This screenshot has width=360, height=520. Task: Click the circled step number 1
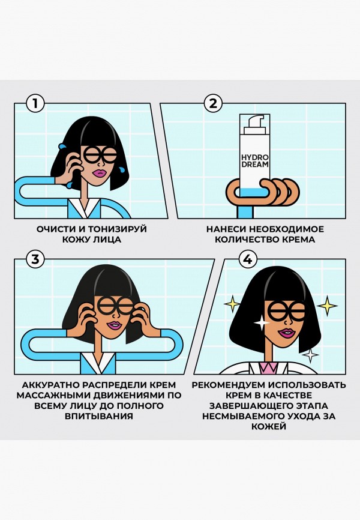pyautogui.click(x=35, y=103)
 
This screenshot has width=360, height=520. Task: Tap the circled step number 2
pyautogui.click(x=212, y=103)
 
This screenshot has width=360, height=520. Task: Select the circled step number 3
pyautogui.click(x=35, y=259)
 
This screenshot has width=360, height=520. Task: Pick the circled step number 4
pyautogui.click(x=247, y=259)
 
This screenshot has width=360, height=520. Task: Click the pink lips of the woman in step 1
pyautogui.click(x=99, y=173)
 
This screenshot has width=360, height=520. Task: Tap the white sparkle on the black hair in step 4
pyautogui.click(x=262, y=322)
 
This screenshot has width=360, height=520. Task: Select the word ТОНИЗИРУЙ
pyautogui.click(x=118, y=229)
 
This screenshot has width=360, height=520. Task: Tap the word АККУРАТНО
pyautogui.click(x=51, y=384)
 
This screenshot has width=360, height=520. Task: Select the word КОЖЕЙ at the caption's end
pyautogui.click(x=269, y=427)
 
